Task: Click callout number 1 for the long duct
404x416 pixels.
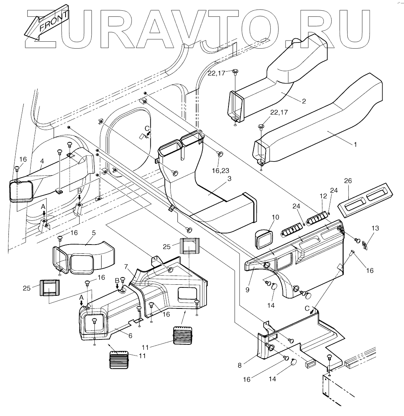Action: pyautogui.click(x=355, y=145)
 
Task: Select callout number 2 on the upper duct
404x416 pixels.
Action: pyautogui.click(x=304, y=101)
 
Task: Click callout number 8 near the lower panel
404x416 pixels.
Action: pyautogui.click(x=247, y=290)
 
